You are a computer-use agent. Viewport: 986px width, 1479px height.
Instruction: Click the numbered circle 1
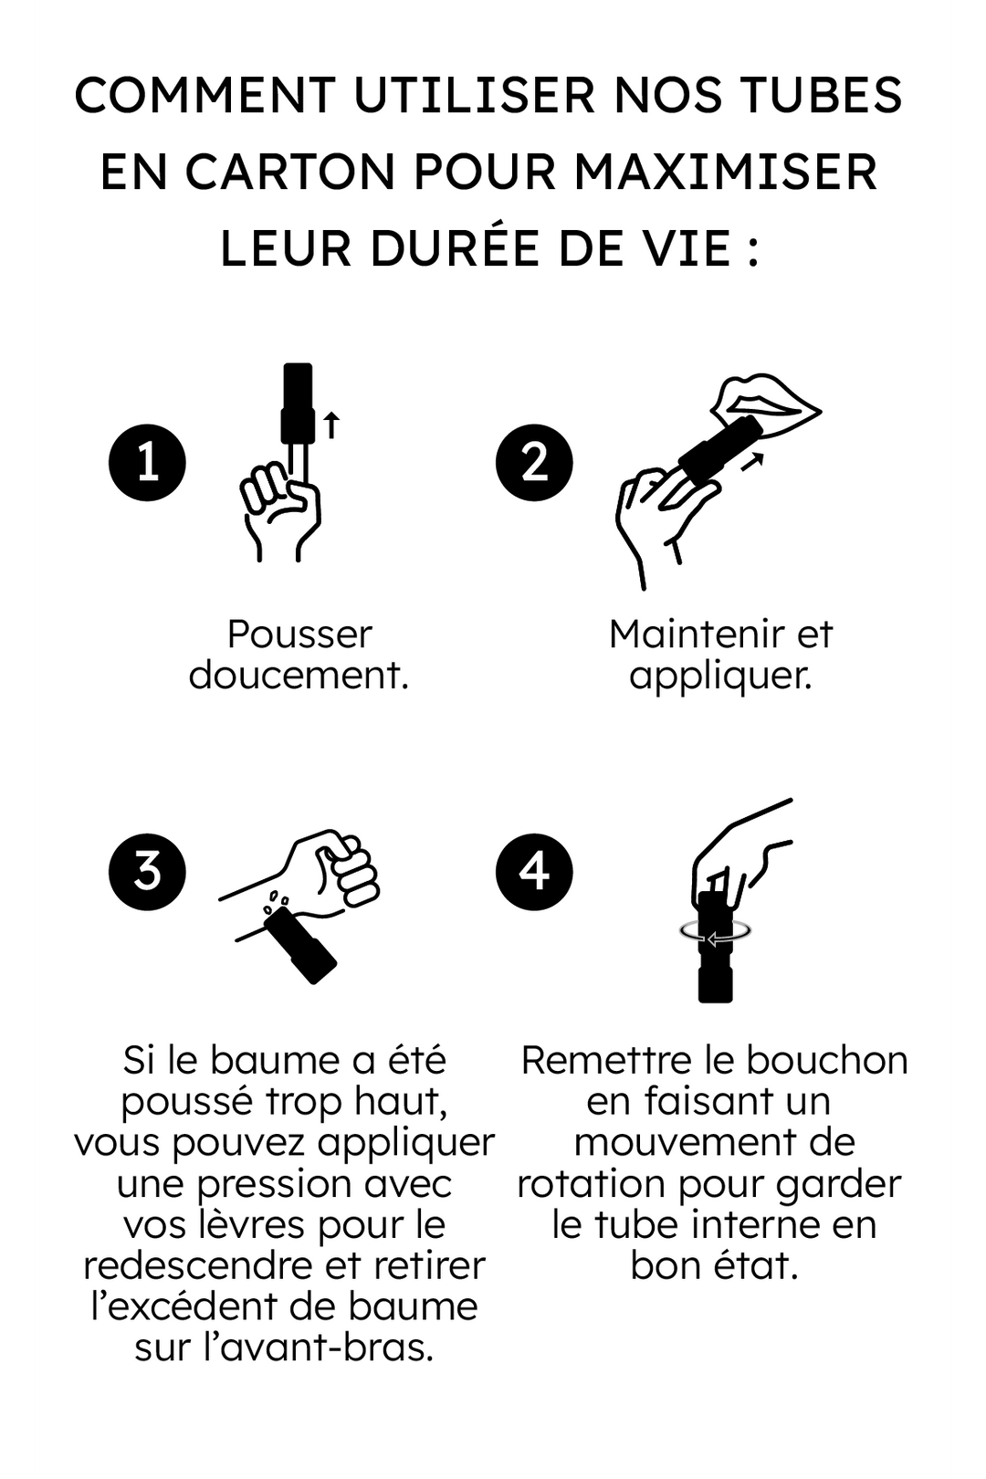147,462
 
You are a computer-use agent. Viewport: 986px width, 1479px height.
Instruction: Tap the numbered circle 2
534,462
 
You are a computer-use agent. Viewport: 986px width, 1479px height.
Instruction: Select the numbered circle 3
147,871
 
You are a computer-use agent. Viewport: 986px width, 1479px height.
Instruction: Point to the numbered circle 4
534,871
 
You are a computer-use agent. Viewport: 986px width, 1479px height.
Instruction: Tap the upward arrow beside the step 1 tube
332,425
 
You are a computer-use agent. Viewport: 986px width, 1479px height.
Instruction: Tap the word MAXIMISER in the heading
726,172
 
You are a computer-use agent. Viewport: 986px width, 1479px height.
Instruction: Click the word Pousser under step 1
299,634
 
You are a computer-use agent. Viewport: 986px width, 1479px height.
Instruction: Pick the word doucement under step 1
298,676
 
